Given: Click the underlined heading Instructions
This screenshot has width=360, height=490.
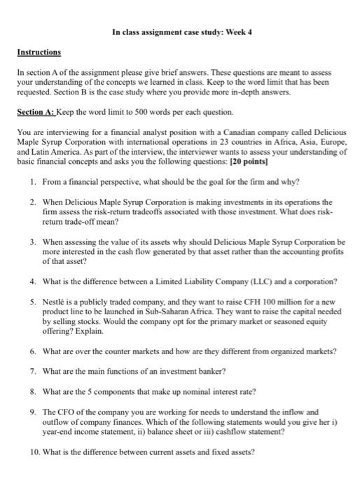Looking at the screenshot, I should click(x=39, y=52).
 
